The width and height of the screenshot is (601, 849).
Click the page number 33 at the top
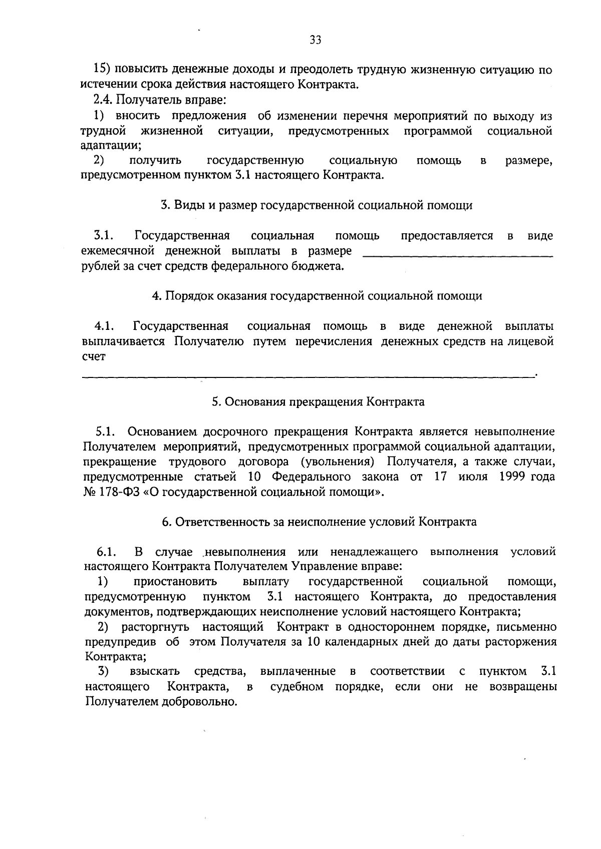[x=315, y=40]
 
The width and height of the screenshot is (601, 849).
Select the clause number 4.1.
[x=105, y=327]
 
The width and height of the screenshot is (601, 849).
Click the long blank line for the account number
[x=308, y=374]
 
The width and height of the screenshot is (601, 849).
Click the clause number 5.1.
[x=106, y=432]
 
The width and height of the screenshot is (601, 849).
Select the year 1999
[x=511, y=477]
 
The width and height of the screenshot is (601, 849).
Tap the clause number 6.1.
[x=107, y=552]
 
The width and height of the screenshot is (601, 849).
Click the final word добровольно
[x=199, y=702]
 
